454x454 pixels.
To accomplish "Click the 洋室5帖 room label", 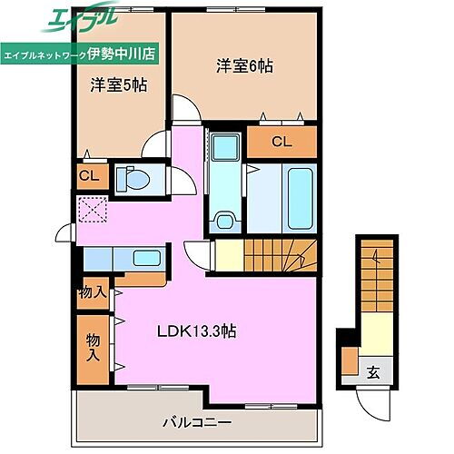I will pyautogui.click(x=118, y=85).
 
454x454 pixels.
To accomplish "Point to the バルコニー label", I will pyautogui.click(x=197, y=422).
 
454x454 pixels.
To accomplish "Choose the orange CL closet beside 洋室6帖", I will pyautogui.click(x=281, y=141).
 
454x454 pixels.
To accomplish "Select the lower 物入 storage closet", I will pyautogui.click(x=92, y=345).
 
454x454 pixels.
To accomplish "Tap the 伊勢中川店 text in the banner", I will pyautogui.click(x=125, y=53).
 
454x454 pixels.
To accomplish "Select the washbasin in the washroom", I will pyautogui.click(x=223, y=221).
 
